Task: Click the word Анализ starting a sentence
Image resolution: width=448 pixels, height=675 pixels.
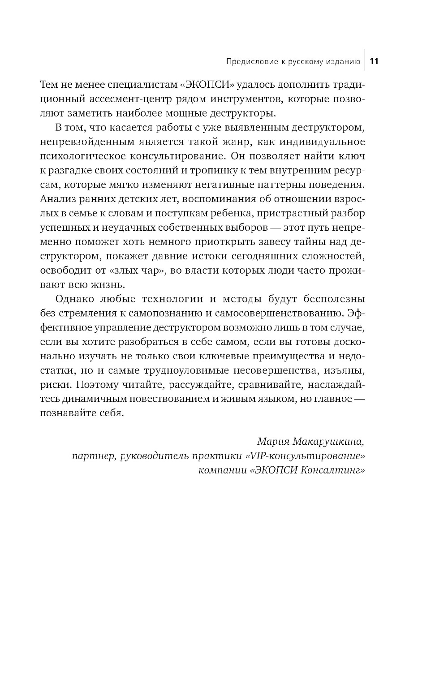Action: tap(55, 199)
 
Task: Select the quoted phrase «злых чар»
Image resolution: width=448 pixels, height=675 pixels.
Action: tap(117, 271)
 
